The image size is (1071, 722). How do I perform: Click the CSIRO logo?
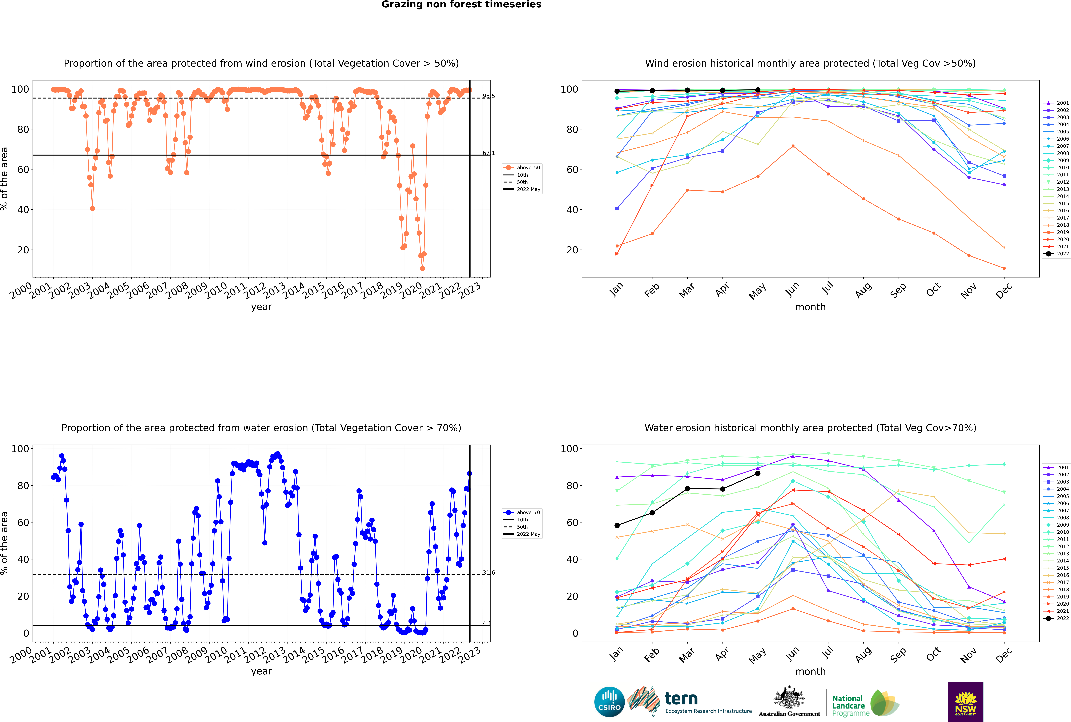pyautogui.click(x=609, y=702)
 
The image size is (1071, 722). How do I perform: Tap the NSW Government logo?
pyautogui.click(x=966, y=701)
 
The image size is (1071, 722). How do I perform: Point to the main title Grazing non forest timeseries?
pyautogui.click(x=461, y=5)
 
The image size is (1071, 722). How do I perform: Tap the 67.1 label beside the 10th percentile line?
pyautogui.click(x=488, y=153)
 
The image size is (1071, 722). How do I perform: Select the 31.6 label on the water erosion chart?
pyautogui.click(x=488, y=573)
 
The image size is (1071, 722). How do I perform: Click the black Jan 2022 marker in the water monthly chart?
pyautogui.click(x=617, y=525)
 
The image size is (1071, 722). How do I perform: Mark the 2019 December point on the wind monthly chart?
pyautogui.click(x=1004, y=268)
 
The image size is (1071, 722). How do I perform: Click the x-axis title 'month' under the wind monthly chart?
pyautogui.click(x=810, y=307)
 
